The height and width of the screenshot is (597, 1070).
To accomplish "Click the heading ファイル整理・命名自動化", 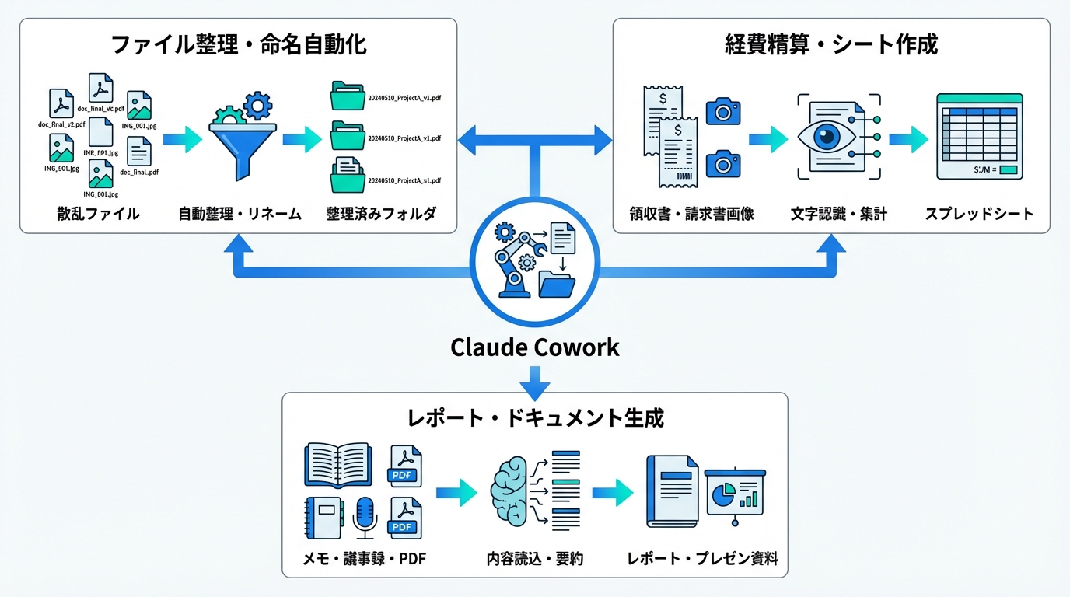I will [239, 44].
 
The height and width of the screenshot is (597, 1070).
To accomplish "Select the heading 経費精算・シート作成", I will [830, 44].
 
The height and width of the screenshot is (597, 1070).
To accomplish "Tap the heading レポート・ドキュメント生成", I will [535, 418].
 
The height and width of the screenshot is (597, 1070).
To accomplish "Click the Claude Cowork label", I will [535, 347].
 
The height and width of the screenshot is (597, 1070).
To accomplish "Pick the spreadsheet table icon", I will [979, 136].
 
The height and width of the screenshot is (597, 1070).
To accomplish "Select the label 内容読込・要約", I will [535, 559].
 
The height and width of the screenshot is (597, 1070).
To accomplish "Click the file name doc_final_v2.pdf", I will [61, 124].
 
